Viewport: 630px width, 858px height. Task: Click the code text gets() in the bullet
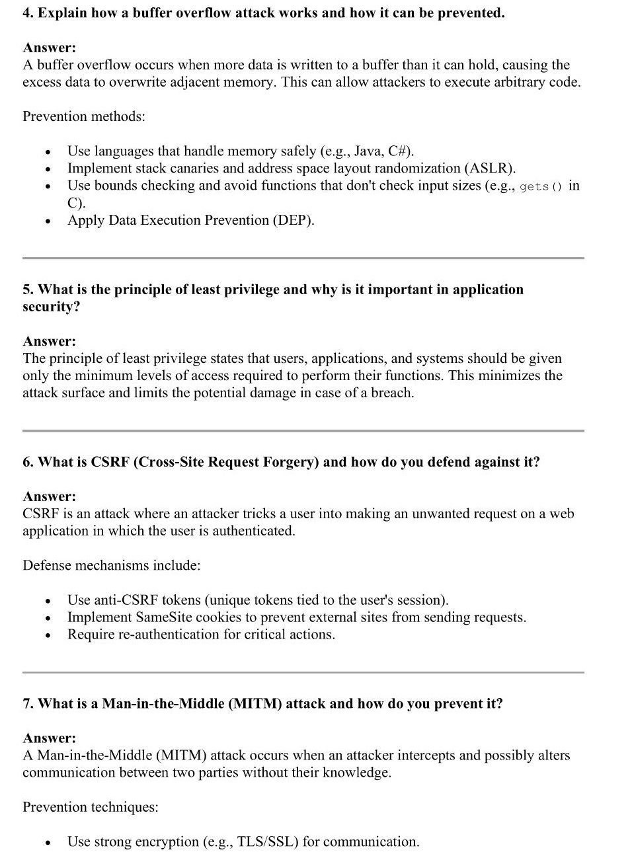click(541, 186)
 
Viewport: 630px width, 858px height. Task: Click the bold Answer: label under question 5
click(50, 342)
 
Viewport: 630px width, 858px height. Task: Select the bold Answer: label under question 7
click(50, 738)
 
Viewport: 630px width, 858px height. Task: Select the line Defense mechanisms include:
click(111, 566)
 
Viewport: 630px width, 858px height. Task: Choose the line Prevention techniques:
click(91, 807)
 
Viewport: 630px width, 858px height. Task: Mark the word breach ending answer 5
click(391, 393)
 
